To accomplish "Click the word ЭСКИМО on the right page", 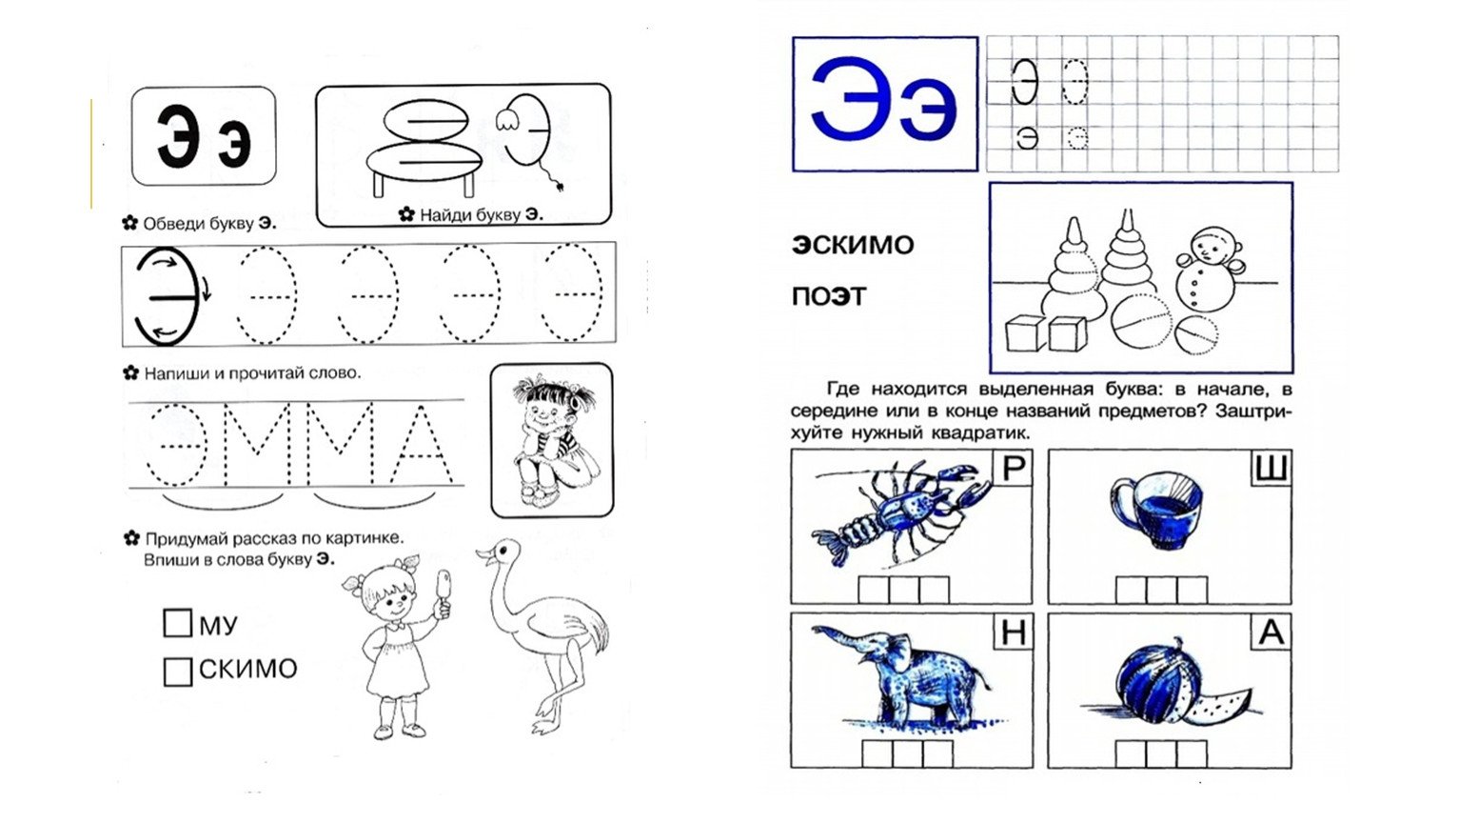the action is (853, 245).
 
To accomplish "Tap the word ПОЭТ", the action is (829, 297).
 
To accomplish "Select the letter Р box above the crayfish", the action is (1013, 468).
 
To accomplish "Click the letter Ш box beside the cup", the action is (1271, 468).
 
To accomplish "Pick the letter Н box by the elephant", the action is (1013, 632).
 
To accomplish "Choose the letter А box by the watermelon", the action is (1271, 632).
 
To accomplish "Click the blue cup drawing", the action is (1156, 510).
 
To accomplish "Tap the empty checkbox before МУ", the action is (177, 623).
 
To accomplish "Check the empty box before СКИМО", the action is (177, 672).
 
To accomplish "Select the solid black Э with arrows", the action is (167, 297).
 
